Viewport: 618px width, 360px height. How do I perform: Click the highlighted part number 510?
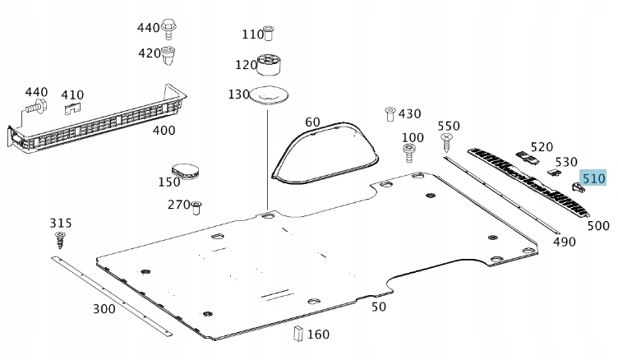[x=593, y=178]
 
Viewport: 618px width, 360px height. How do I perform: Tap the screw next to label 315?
[x=60, y=240]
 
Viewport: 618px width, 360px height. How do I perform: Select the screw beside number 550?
[x=446, y=142]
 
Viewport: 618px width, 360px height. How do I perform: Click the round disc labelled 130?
[x=270, y=95]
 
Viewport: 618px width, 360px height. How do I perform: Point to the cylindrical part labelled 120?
[x=269, y=65]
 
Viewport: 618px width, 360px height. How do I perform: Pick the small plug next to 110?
[x=269, y=33]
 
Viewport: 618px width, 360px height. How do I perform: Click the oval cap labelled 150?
[x=185, y=170]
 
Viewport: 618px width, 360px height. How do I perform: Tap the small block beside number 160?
[x=298, y=333]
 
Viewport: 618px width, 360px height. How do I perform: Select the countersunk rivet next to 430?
[x=390, y=114]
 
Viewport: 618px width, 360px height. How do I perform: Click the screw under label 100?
[x=408, y=152]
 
